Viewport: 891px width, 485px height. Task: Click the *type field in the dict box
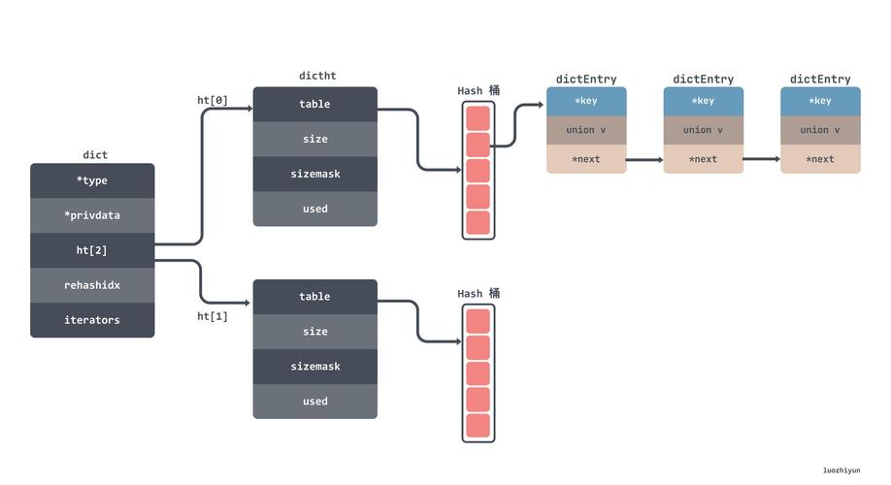[92, 180]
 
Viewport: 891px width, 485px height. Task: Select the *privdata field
[92, 215]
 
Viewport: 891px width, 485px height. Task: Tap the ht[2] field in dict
[92, 250]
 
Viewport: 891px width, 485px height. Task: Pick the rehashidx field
[92, 285]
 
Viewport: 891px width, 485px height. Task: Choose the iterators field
[92, 320]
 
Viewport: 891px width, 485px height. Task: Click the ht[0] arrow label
[213, 101]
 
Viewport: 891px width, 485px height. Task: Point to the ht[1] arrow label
[213, 316]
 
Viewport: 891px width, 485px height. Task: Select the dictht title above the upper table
[317, 76]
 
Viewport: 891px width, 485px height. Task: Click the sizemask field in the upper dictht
[315, 174]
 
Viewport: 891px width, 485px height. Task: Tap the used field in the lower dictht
[315, 402]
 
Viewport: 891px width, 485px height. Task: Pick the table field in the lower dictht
[315, 297]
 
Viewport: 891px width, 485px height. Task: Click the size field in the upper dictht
[315, 139]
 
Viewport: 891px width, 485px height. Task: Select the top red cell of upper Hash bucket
[478, 118]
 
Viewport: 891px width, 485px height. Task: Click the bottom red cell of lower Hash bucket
[478, 426]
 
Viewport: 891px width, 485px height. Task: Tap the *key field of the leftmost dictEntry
[586, 101]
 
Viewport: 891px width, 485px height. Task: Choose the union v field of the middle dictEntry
[704, 130]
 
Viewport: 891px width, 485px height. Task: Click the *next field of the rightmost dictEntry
[820, 159]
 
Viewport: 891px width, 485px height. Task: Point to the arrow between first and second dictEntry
[644, 160]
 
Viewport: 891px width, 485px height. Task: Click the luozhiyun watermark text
[841, 470]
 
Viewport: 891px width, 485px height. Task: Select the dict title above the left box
[95, 154]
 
